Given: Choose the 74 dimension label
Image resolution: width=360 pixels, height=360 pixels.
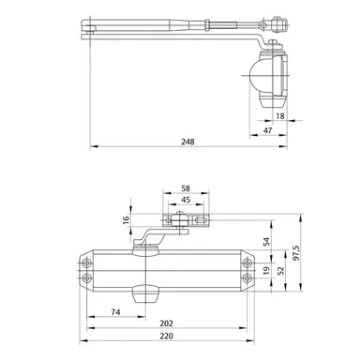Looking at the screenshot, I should tap(114, 311).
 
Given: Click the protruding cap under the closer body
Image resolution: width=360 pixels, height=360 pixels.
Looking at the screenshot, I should tap(145, 294).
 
